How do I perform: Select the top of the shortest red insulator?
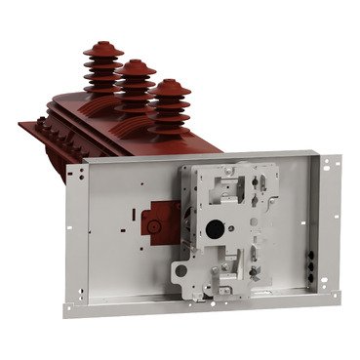[172, 84]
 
